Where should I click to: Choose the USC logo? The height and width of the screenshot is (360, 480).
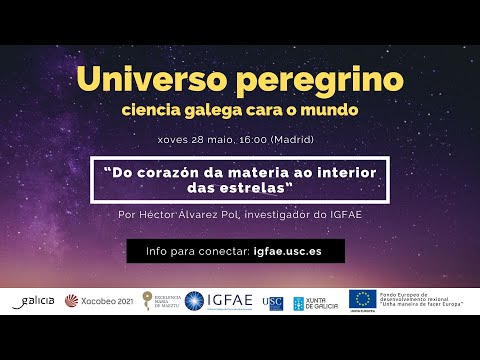point(272,301)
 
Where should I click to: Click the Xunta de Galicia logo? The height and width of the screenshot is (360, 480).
point(314,301)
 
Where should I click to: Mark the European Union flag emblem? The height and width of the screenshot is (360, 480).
point(362,298)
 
